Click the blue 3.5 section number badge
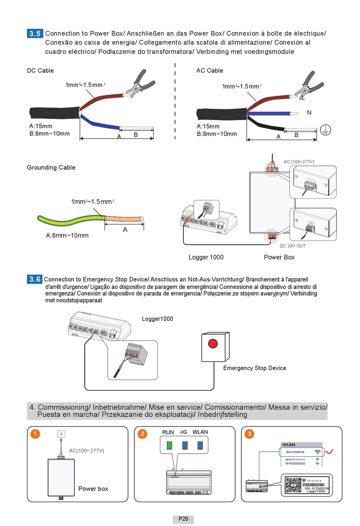[35, 33]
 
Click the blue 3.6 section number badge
[35, 279]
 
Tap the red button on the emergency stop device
[213, 343]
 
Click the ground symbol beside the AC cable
[325, 130]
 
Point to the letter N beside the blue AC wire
[309, 113]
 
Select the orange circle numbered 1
[35, 434]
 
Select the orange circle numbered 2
[142, 434]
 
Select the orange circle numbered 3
[249, 434]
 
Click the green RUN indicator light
[169, 445]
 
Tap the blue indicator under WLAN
[200, 445]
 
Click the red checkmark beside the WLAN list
[329, 452]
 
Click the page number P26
[183, 519]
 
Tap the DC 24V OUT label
[293, 246]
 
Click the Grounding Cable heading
[51, 168]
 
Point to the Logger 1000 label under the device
[206, 257]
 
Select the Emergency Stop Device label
[255, 368]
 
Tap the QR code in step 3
[293, 485]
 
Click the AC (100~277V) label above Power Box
[299, 162]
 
